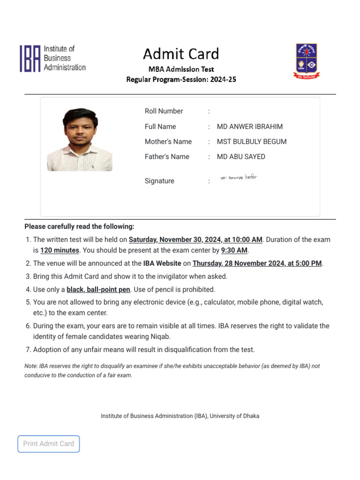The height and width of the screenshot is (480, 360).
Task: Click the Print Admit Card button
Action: (49, 443)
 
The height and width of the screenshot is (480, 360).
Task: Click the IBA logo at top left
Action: (52, 59)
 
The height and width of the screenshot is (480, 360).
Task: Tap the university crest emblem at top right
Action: (306, 60)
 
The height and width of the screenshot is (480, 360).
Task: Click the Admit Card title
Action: (181, 54)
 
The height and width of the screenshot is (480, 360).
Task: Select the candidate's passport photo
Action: (79, 139)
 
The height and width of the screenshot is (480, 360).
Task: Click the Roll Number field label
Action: (164, 111)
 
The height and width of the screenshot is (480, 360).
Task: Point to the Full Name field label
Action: (160, 127)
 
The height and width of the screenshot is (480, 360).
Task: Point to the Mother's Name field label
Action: (168, 142)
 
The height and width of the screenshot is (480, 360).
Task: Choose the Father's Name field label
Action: (167, 157)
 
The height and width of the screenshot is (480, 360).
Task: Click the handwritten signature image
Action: (239, 178)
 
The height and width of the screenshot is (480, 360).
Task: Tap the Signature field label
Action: (159, 181)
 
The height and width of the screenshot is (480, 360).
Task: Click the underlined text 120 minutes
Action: (60, 250)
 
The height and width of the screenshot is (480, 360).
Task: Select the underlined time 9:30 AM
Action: (234, 250)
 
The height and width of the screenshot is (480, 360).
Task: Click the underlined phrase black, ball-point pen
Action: (98, 290)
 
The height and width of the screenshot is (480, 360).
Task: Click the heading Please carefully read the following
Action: (79, 226)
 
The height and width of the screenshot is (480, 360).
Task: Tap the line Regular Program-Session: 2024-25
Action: (181, 80)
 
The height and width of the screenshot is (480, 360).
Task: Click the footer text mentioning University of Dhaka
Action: (180, 416)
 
